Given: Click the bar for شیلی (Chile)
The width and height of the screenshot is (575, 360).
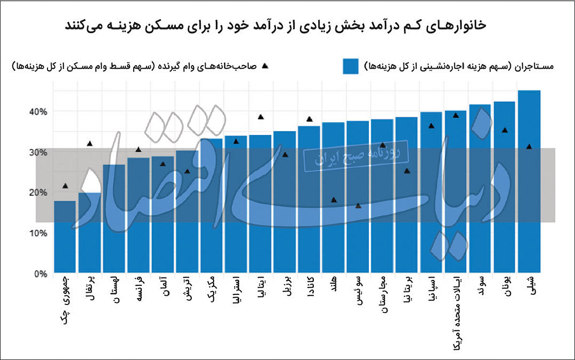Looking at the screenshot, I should point(529,182).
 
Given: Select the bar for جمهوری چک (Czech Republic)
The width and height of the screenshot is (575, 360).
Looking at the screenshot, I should point(65,237).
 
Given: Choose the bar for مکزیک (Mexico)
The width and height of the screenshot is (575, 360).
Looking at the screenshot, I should point(211,206).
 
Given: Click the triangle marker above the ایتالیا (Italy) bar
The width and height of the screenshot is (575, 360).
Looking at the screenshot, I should point(261,117).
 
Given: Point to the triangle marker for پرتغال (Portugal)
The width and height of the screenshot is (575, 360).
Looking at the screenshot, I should point(90,143).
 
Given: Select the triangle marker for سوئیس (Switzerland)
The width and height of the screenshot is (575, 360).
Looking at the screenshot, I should point(358,206).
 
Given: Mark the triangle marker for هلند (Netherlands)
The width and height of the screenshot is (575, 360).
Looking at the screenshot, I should point(334,199).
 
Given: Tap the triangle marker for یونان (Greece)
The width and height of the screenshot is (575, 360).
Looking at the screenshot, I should point(505,130).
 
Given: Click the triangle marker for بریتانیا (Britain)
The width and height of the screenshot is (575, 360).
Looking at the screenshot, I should point(407,171).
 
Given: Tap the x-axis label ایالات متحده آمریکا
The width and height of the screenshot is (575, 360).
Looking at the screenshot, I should point(456,311).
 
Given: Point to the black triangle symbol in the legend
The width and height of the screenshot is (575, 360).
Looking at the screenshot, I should point(264,66).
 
